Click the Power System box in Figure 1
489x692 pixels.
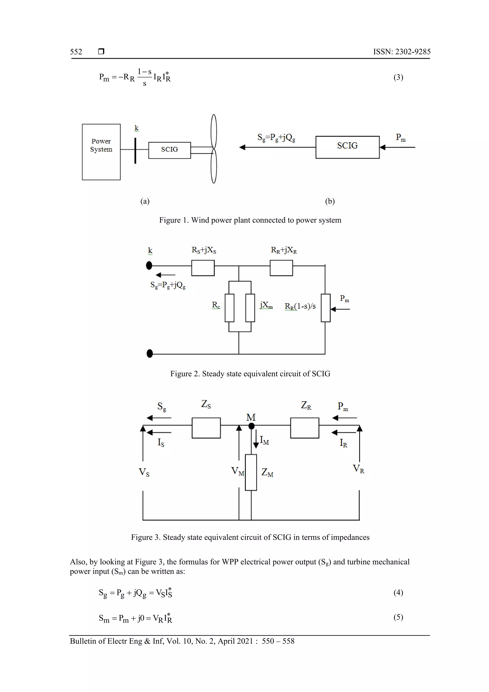click(101, 152)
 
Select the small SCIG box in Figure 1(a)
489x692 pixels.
click(169, 150)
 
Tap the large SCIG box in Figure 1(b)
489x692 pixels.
click(347, 147)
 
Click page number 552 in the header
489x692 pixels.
click(76, 52)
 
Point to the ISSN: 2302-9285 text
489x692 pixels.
click(402, 52)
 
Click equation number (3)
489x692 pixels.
click(398, 77)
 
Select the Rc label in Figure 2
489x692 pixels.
click(216, 305)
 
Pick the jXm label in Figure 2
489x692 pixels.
click(266, 305)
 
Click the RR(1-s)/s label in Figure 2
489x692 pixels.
click(300, 306)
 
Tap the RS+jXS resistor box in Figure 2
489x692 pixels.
click(203, 268)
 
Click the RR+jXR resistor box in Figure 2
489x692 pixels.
click(281, 268)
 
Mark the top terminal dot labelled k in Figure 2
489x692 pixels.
click(149, 266)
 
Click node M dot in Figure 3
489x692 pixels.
click(251, 426)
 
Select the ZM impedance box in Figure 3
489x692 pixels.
click(251, 472)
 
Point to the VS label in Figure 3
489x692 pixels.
click(144, 472)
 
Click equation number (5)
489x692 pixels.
click(398, 617)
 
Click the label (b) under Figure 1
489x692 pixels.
click(330, 201)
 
